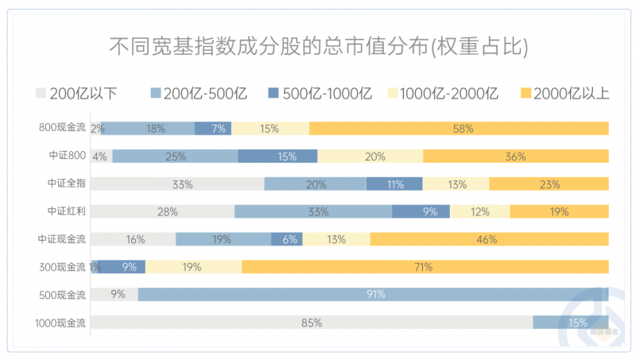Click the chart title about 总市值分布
(318, 47)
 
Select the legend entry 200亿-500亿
(198, 94)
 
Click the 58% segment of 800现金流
(460, 129)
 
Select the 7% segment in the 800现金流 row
(213, 129)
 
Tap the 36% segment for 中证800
(516, 157)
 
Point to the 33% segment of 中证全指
(177, 184)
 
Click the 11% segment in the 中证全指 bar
(394, 184)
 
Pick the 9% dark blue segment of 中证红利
(421, 211)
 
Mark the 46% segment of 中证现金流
(489, 239)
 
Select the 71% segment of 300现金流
(425, 267)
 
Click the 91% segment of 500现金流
(374, 295)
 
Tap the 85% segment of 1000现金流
(311, 323)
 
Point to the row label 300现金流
(62, 267)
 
